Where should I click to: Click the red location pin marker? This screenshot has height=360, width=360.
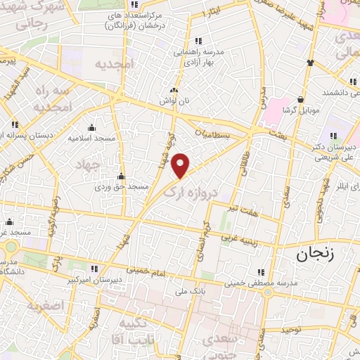(x=181, y=165)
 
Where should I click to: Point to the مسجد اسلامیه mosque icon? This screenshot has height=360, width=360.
(x=91, y=127)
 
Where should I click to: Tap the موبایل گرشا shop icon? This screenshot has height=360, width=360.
(x=301, y=99)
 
